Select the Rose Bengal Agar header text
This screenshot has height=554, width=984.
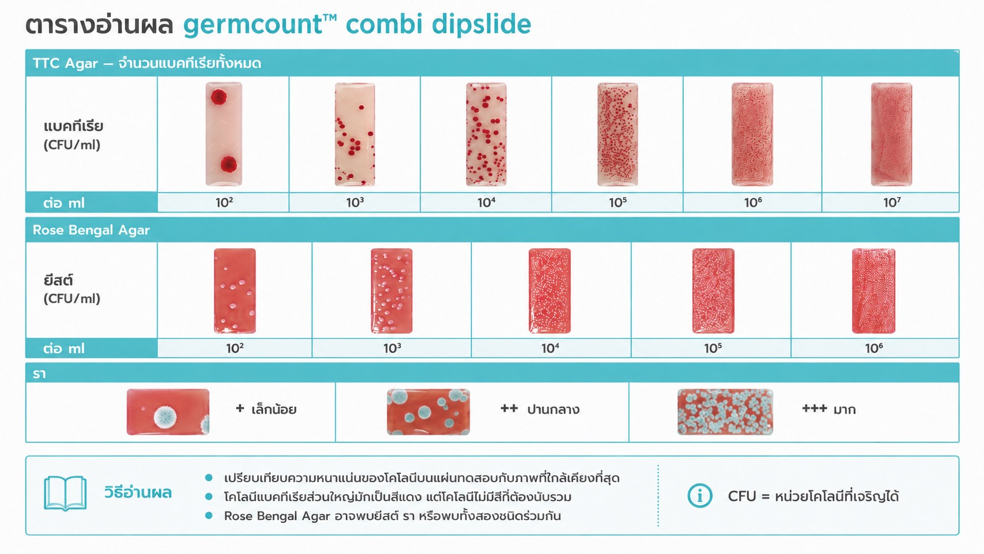coord(91,230)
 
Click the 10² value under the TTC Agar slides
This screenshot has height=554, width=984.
coord(224,203)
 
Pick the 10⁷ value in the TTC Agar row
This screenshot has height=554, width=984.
coord(892,203)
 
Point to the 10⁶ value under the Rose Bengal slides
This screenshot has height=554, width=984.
coord(874,349)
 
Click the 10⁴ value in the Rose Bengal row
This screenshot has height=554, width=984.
coord(550,349)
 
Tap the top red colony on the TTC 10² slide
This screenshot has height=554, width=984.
coord(219,97)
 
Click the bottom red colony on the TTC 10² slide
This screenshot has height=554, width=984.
coord(228,164)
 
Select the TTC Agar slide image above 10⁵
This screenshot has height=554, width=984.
coord(617,134)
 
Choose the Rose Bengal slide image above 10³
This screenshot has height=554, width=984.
coord(391,291)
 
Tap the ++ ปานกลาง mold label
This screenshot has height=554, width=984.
coord(540,409)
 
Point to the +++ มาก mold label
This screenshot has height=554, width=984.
coord(829,409)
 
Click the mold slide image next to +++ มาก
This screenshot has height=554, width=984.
coord(725,412)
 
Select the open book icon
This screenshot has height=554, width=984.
coord(65,493)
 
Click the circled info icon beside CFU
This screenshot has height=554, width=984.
coord(700,496)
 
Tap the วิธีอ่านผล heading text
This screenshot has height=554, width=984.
coord(138,492)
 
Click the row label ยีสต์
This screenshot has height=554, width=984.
coord(58,280)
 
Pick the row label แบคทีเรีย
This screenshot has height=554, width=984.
coord(74,127)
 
